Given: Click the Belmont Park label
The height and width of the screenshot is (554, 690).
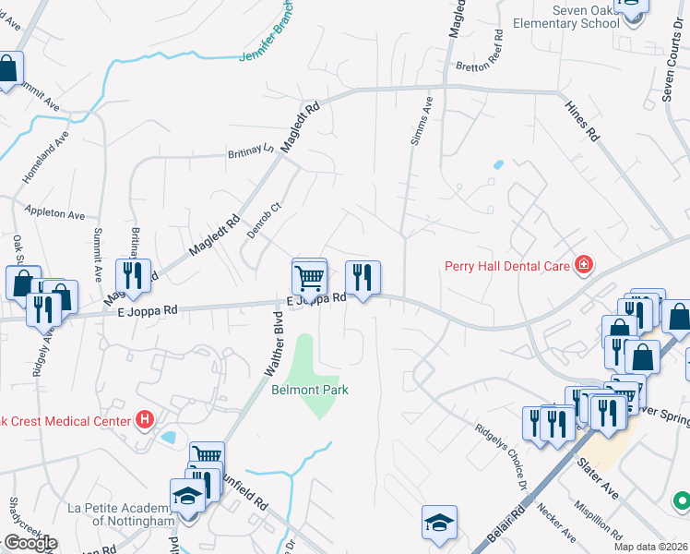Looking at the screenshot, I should click(x=310, y=390).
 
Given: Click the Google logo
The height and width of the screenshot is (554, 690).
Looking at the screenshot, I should click(x=30, y=543).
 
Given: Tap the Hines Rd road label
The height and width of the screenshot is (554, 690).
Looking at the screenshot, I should click(x=580, y=120).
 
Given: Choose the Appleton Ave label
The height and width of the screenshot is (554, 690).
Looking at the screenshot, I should click(x=55, y=213).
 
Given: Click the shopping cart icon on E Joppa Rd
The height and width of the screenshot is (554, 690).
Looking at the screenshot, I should click(x=310, y=275).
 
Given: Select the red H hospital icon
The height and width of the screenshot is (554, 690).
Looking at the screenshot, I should click(x=144, y=420).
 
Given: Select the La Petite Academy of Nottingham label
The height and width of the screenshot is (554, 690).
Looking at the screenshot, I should click(x=121, y=514).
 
